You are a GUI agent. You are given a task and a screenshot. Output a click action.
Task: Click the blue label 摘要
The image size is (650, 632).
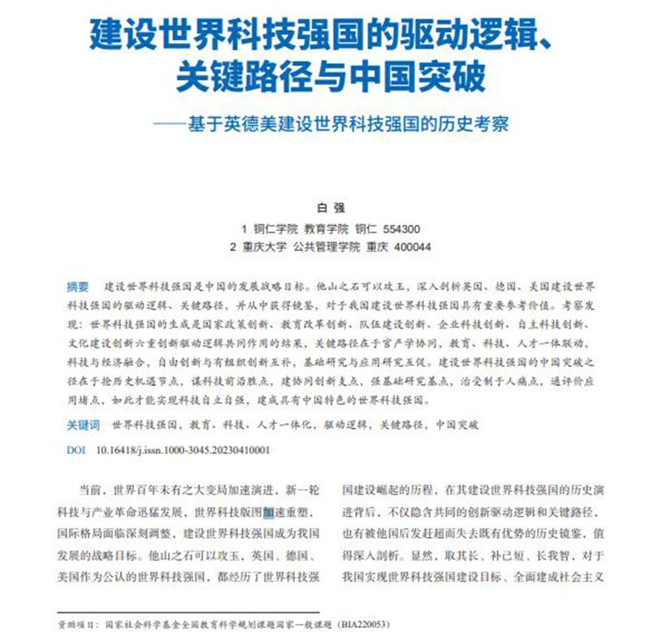pyautogui.click(x=78, y=288)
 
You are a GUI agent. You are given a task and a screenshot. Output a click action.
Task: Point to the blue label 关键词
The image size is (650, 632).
pyautogui.click(x=84, y=425)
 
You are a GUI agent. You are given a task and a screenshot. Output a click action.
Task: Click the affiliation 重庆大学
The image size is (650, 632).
pyautogui.click(x=266, y=247)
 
